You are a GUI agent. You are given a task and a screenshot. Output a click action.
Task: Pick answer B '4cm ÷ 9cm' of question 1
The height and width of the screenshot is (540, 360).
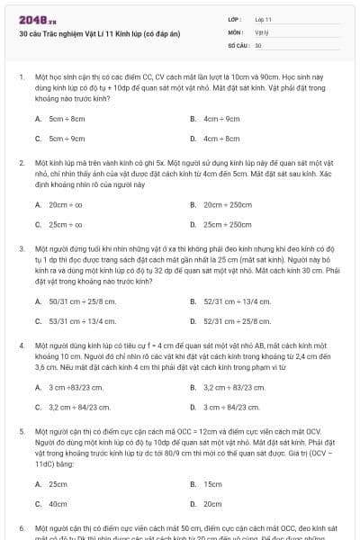pos(221,119)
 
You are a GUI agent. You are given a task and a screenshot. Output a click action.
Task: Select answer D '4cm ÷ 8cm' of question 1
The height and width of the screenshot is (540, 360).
pos(221,139)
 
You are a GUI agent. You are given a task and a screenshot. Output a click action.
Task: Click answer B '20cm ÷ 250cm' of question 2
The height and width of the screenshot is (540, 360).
pos(228,204)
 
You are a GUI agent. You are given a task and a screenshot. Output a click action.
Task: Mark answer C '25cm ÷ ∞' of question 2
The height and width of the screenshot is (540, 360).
pos(66,224)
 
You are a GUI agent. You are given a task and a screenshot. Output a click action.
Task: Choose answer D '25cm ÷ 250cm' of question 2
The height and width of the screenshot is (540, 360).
pos(228,224)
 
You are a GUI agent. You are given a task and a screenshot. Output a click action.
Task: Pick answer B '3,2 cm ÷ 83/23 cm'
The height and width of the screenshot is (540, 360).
pos(237,387)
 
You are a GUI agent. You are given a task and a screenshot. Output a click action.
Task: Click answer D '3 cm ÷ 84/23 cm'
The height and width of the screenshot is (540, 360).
pos(235,407)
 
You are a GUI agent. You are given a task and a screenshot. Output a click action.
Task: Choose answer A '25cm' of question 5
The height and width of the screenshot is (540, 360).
pos(58,483)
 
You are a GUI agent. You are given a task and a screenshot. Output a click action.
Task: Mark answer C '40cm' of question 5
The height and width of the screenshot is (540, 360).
pos(58,504)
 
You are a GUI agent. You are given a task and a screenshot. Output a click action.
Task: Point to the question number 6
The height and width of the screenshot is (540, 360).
pos(22,527)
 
